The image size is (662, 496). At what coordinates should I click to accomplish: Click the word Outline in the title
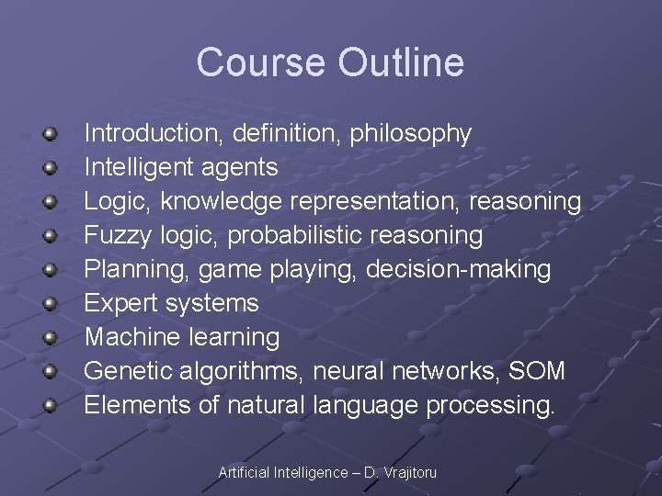[x=401, y=62]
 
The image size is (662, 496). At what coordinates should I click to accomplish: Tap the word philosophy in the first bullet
[x=413, y=134]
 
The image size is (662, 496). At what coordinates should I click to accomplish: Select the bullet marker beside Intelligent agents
[x=51, y=168]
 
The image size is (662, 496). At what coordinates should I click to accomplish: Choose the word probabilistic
[x=294, y=236]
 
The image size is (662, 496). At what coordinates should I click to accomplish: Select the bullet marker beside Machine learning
[x=51, y=338]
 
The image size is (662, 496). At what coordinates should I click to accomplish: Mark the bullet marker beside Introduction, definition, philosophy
[x=51, y=134]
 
